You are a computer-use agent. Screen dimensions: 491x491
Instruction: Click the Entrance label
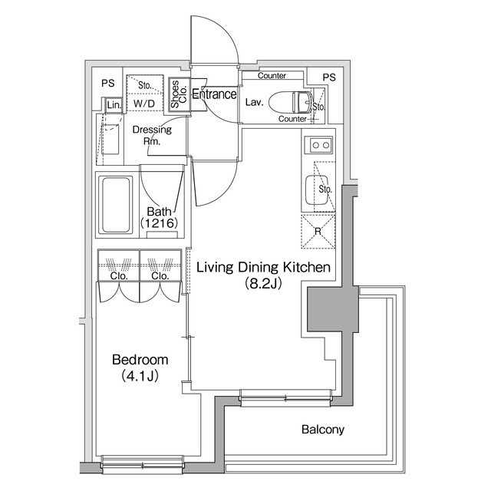[x=214, y=95]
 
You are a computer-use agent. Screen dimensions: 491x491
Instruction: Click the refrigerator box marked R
[x=316, y=231]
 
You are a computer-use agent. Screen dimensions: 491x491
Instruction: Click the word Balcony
[x=322, y=430]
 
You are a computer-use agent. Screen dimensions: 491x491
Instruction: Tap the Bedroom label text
[x=140, y=360]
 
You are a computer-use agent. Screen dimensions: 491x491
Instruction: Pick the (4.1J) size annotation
[x=140, y=376]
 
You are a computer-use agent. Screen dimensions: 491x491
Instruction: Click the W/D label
[x=143, y=102]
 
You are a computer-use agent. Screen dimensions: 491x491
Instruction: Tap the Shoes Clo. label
[x=176, y=95]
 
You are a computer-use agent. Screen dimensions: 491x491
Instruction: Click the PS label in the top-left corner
[x=107, y=83]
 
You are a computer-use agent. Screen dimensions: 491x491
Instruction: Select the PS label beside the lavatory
[x=328, y=77]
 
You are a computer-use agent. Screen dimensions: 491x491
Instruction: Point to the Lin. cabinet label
[x=114, y=104]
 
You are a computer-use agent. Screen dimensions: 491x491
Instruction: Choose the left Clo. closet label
[x=118, y=276]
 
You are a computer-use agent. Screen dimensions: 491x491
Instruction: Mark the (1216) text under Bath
[x=159, y=223]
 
